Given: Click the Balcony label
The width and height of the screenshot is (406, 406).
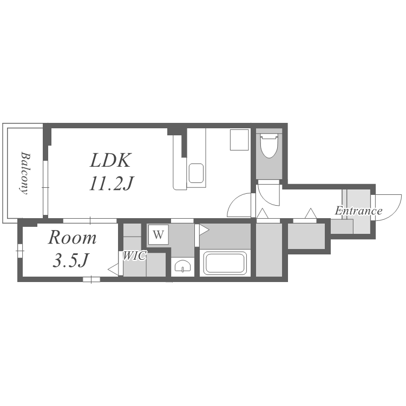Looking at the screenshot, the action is [25, 173].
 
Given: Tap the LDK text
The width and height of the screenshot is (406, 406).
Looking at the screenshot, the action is [110, 160].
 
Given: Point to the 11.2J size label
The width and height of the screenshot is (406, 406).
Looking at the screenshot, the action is [112, 184].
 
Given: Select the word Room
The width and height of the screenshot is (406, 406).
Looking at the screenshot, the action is [72, 238].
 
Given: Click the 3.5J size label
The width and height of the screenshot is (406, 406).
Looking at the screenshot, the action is [71, 260].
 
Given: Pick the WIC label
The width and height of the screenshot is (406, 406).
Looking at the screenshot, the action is [134, 256].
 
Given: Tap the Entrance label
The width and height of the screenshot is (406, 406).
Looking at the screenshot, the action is [358, 211].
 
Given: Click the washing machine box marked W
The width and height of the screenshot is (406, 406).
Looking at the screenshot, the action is [159, 234].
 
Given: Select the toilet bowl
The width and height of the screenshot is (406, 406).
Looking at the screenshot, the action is [269, 145].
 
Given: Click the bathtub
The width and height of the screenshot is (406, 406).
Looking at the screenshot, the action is [225, 263].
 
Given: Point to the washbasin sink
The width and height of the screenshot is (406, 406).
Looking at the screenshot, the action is [183, 266].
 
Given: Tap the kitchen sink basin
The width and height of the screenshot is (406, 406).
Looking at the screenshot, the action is [196, 173].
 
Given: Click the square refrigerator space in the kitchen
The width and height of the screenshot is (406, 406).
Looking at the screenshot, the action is [239, 140].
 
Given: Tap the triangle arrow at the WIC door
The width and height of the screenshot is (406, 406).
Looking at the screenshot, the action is [113, 270].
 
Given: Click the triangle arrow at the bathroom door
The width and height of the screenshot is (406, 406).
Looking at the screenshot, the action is [204, 230].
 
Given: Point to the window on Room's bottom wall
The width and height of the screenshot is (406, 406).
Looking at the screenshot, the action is [91, 279].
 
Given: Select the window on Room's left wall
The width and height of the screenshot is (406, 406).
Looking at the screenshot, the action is [20, 251].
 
